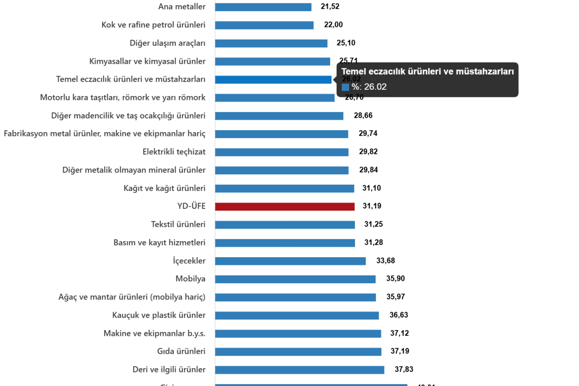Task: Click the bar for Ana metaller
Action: [263, 7]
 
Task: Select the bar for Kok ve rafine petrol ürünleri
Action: [264, 25]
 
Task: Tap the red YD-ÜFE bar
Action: [285, 207]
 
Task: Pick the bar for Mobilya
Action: [295, 279]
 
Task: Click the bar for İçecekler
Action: [290, 261]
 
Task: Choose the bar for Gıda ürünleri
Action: [298, 352]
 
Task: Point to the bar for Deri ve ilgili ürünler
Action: [300, 370]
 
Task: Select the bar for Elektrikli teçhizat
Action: [282, 152]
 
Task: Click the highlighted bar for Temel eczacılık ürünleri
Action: [273, 80]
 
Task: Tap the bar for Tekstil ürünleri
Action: [285, 225]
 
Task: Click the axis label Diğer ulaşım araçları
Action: [167, 43]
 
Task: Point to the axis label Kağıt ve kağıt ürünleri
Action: [165, 188]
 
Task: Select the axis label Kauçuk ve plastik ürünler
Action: [159, 316]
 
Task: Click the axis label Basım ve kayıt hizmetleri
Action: [159, 243]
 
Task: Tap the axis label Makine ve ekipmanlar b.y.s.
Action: [154, 333]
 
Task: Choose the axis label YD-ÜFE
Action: [191, 207]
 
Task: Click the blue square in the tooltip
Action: [345, 87]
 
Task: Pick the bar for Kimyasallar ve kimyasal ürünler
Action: [273, 61]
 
